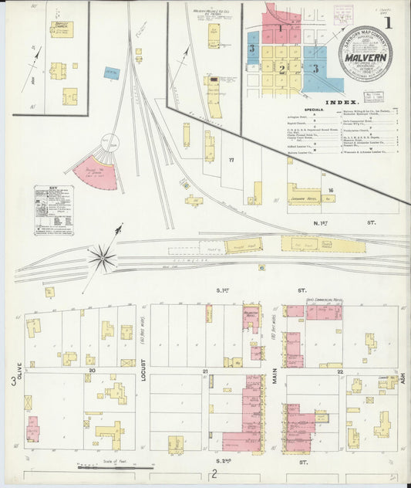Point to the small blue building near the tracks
coord(113,73)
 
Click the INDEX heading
coord(341,102)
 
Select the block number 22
coord(339,371)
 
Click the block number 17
coord(230,160)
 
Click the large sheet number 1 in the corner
coord(388,23)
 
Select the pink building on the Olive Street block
coord(32,429)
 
